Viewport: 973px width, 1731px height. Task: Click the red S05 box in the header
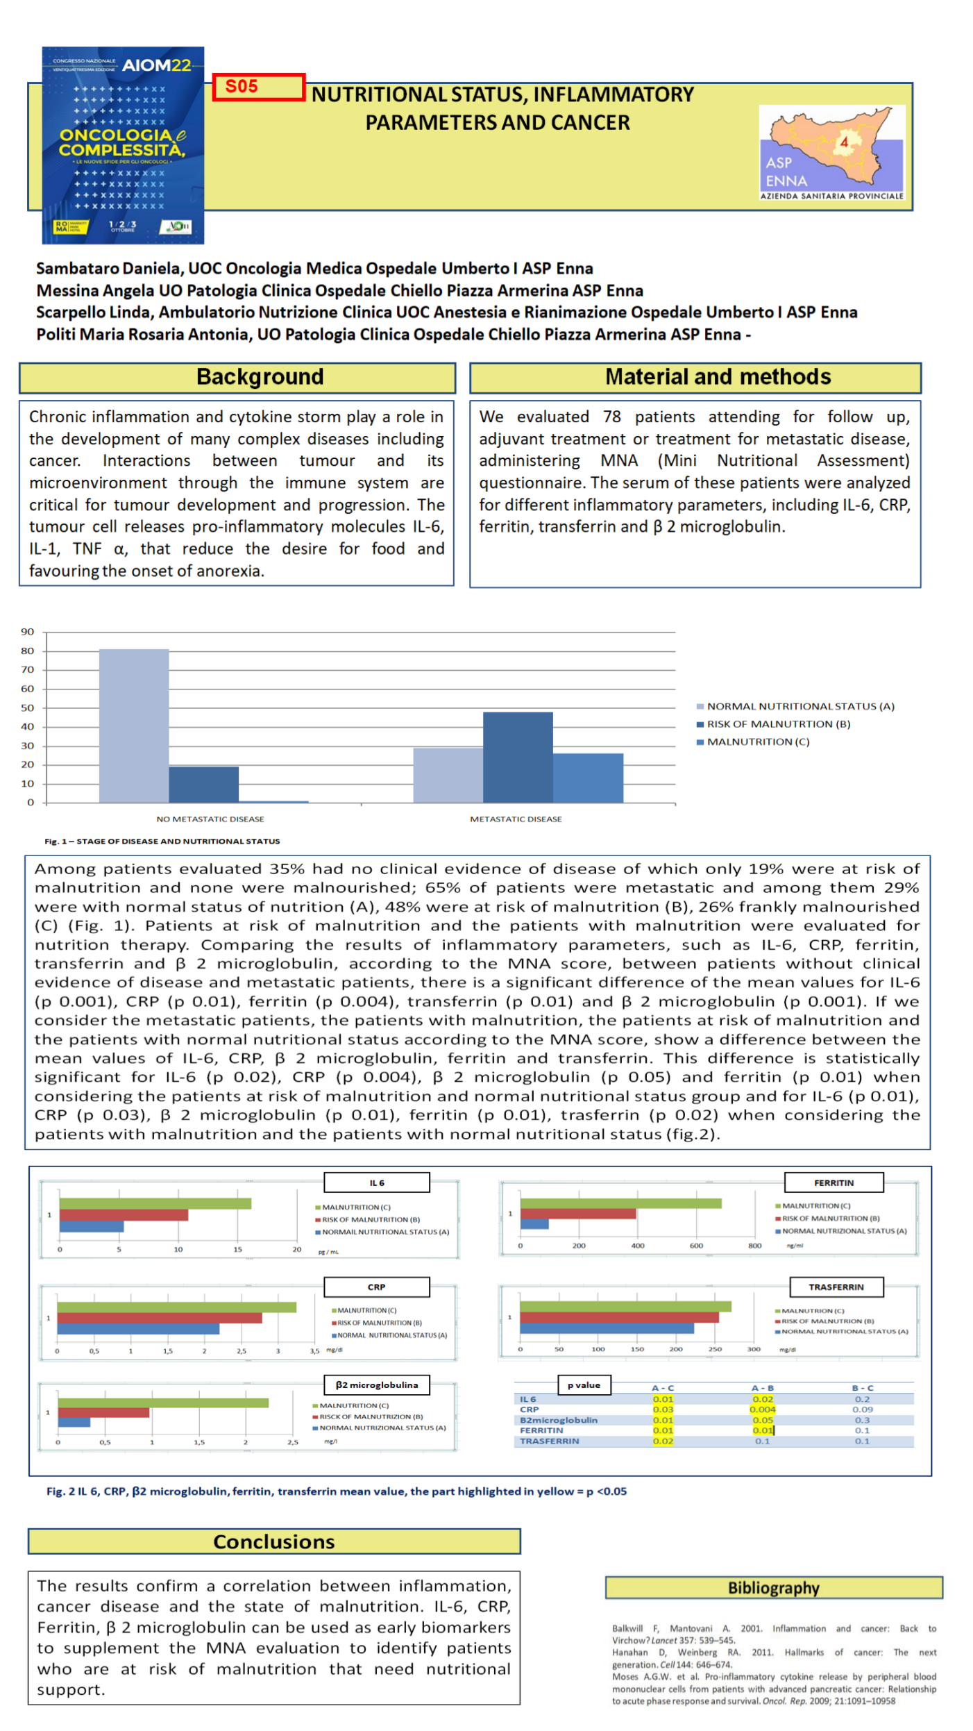tap(257, 87)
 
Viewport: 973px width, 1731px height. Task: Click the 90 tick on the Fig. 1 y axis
tap(28, 631)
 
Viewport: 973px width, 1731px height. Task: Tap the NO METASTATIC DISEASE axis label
tap(210, 819)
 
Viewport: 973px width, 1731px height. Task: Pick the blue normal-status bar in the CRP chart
tap(138, 1328)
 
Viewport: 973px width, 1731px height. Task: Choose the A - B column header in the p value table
tap(762, 1387)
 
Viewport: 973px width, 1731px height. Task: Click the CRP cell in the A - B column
tap(762, 1409)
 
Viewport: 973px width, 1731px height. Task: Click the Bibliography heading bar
tap(773, 1587)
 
